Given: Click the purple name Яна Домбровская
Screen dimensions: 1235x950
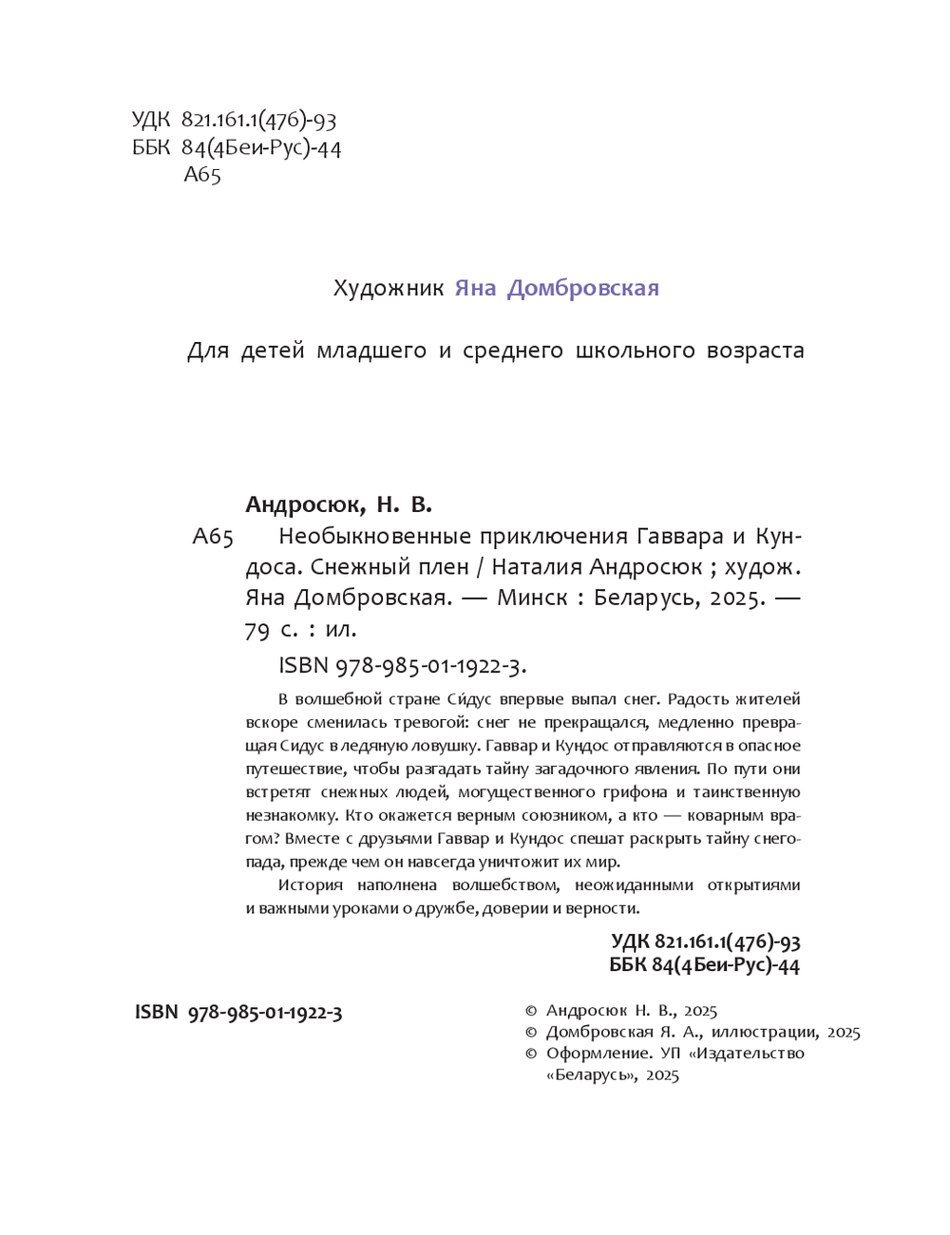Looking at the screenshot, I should coord(557,288).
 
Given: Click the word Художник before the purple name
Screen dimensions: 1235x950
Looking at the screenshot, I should coord(388,288).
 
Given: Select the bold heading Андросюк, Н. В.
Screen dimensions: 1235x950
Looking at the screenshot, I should coord(338,504).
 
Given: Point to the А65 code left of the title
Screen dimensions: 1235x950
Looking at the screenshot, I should coord(212,537).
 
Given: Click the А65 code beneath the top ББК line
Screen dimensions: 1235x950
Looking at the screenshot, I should coord(201,175).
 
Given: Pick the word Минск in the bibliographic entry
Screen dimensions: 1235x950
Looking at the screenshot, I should coord(532,598).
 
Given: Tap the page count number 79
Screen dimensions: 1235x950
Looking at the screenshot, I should coord(257,630).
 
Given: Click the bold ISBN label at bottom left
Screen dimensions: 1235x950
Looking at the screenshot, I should coord(156,1012).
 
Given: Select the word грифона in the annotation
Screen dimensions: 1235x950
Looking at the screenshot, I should coord(631,791).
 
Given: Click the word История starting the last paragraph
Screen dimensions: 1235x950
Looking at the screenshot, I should coord(310,884).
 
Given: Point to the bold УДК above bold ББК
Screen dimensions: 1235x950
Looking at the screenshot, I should coord(630,941).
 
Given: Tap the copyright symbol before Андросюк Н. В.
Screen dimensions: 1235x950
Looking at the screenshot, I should coord(531,1011).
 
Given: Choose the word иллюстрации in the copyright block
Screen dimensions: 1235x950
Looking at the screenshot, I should coord(764,1032).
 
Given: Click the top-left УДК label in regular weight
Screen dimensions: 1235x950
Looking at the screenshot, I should coord(150,120).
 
